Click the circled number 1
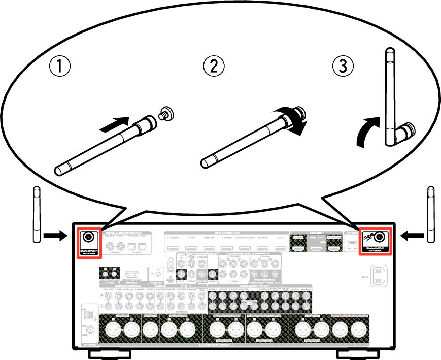[59, 67]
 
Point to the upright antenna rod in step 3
[390, 91]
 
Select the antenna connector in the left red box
[88, 236]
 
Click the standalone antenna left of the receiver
[36, 214]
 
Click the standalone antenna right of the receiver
[431, 214]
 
